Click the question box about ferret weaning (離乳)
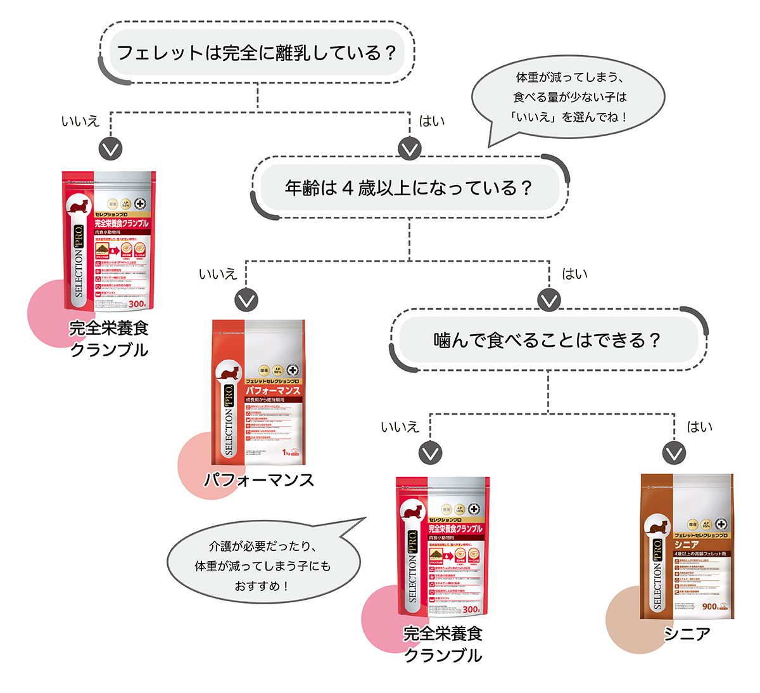point(256,52)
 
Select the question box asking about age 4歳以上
point(409,188)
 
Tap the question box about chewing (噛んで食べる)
point(548,340)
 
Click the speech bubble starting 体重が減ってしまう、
point(569,97)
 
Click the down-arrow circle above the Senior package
point(673,453)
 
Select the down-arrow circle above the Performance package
point(246,300)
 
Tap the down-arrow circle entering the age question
point(410,148)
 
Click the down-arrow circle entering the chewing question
point(548,300)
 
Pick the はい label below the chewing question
point(699,427)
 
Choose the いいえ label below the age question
point(217,274)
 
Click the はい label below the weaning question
point(432,120)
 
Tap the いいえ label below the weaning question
point(80,120)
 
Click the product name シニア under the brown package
point(687,633)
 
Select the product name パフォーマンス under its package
point(258,480)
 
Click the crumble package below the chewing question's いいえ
point(443,545)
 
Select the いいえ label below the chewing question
point(400,427)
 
